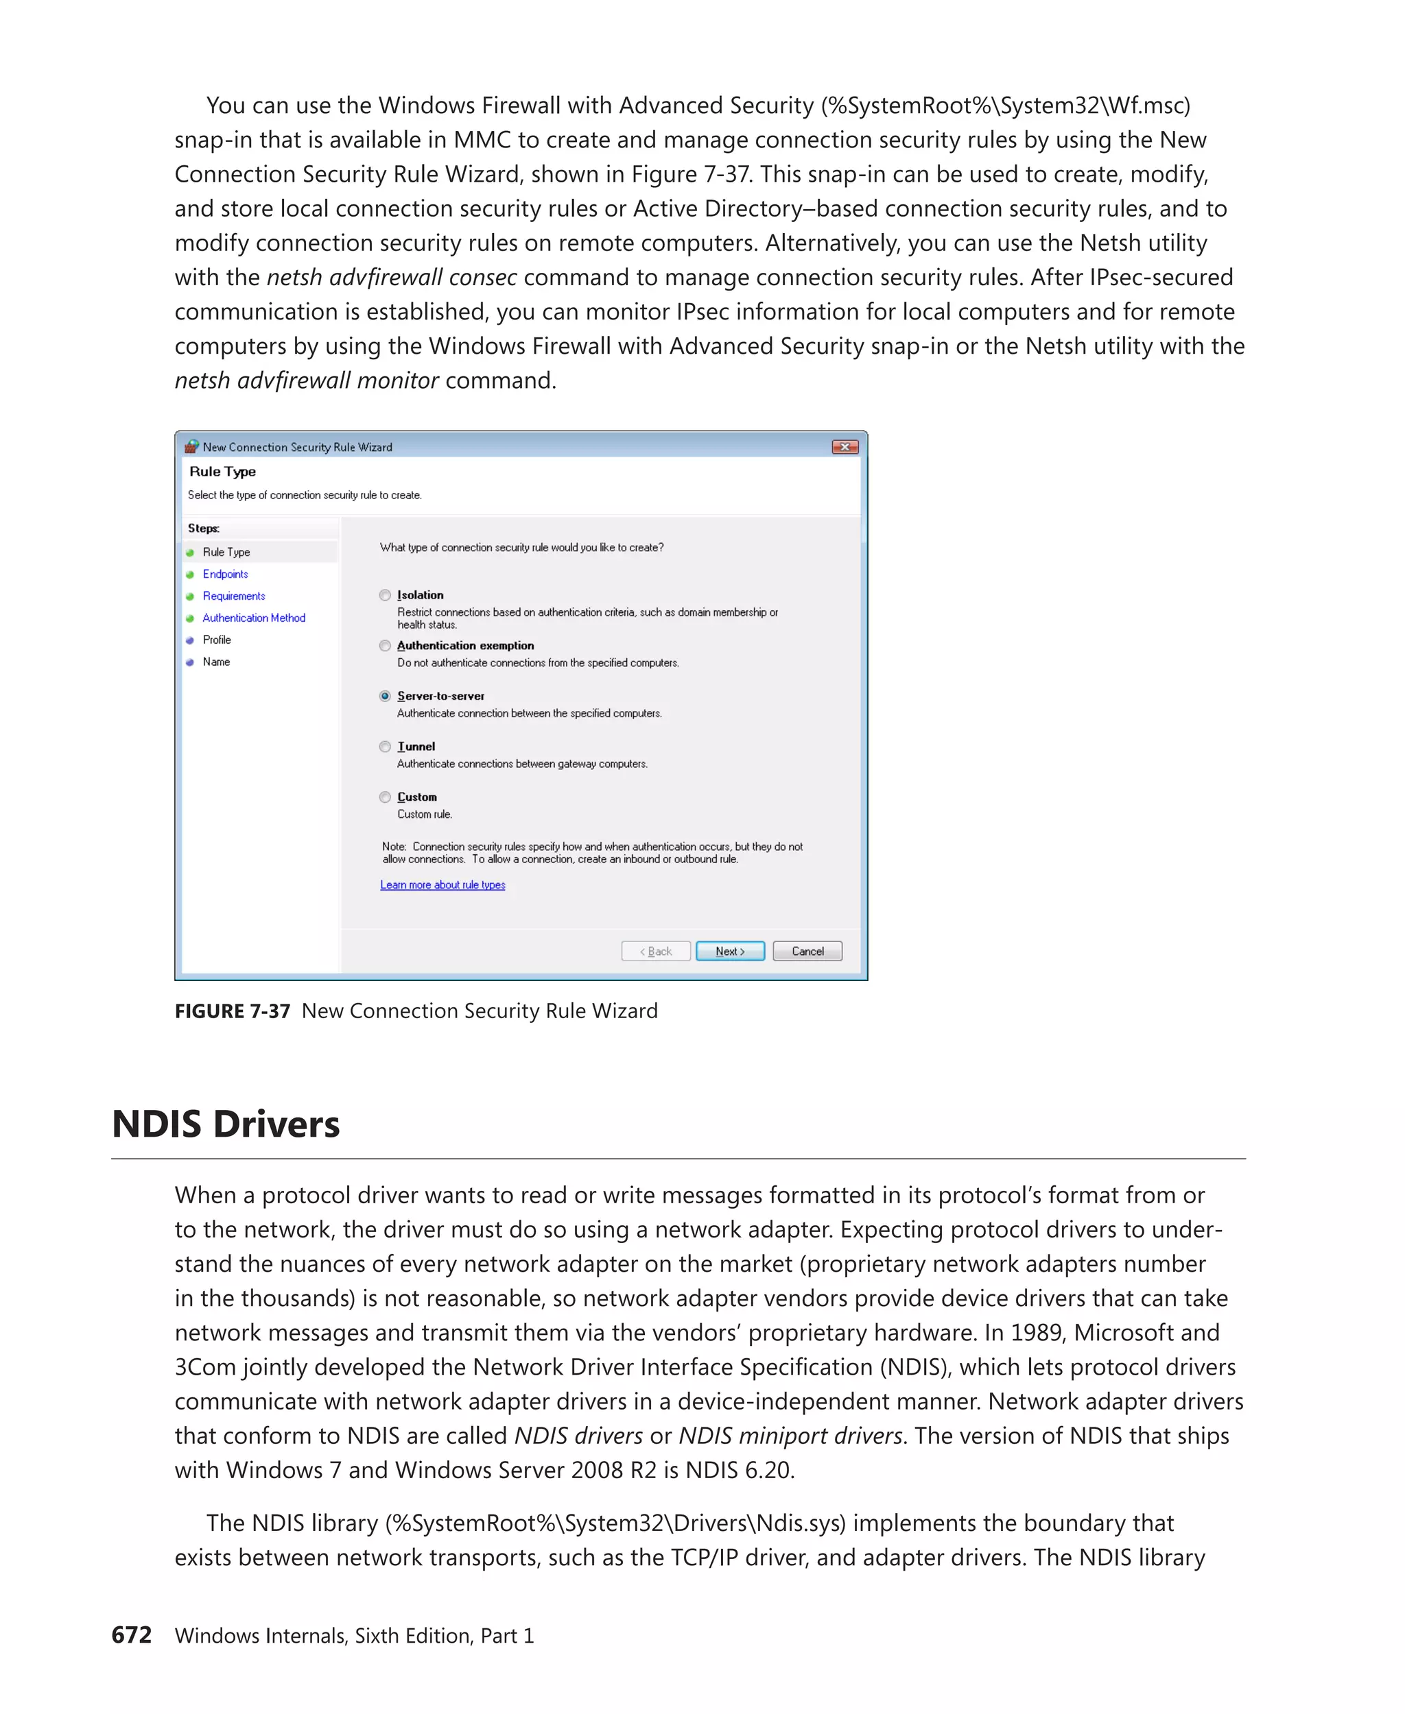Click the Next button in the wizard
tap(729, 951)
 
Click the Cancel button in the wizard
tap(807, 951)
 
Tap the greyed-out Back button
tap(656, 951)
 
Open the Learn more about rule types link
tap(442, 885)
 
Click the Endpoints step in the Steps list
tap(225, 575)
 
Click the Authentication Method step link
tap(253, 618)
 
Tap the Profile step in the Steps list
tap(217, 640)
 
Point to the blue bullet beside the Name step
tap(190, 662)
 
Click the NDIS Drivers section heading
tap(226, 1124)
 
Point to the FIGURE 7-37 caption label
tap(233, 1011)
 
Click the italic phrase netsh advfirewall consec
tap(392, 278)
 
